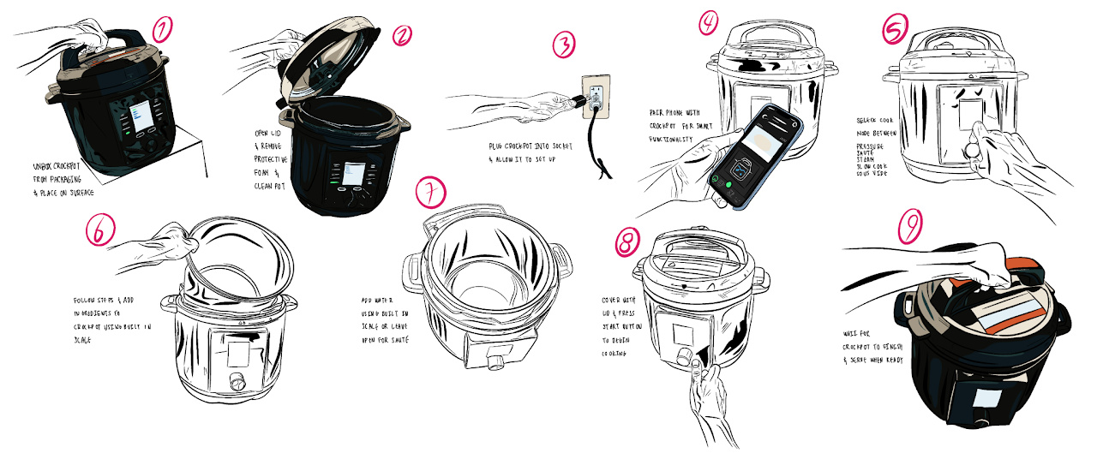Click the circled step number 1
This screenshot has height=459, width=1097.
(x=163, y=29)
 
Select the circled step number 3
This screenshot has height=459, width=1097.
(x=563, y=44)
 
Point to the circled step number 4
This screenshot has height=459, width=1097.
(x=708, y=22)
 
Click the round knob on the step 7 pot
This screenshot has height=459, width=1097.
(x=495, y=362)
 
